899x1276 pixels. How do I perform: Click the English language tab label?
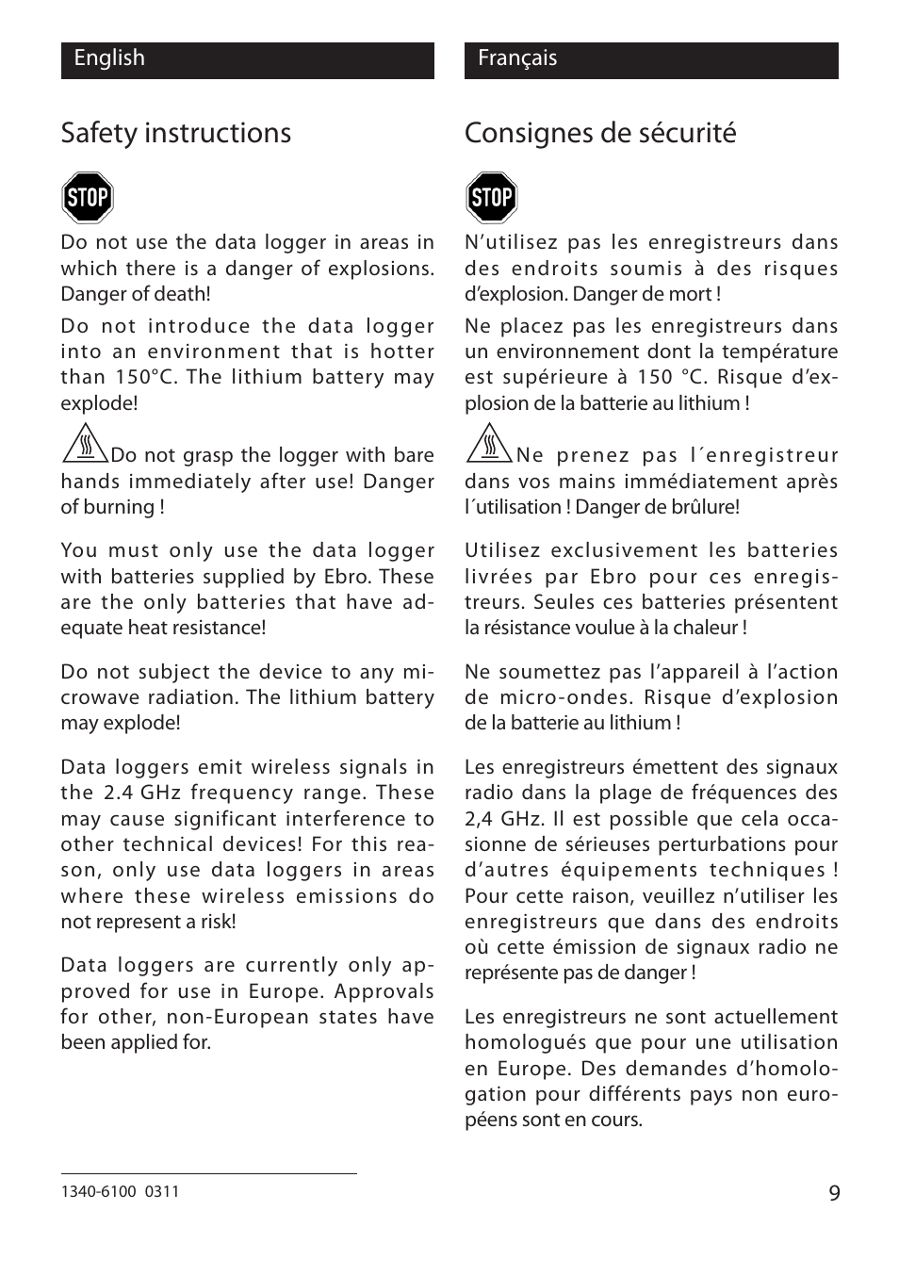tap(109, 58)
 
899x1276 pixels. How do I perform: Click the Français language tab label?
tap(517, 58)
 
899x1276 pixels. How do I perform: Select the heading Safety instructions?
tap(176, 133)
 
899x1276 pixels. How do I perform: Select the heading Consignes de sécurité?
tap(600, 133)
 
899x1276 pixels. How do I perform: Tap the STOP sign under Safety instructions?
tap(88, 197)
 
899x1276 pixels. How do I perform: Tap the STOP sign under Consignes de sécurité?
tap(491, 197)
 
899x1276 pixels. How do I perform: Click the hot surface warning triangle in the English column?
tap(85, 444)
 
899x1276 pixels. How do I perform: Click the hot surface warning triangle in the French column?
tap(488, 444)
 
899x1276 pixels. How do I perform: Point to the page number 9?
tap(834, 1193)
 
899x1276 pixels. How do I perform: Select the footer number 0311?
tap(163, 1191)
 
